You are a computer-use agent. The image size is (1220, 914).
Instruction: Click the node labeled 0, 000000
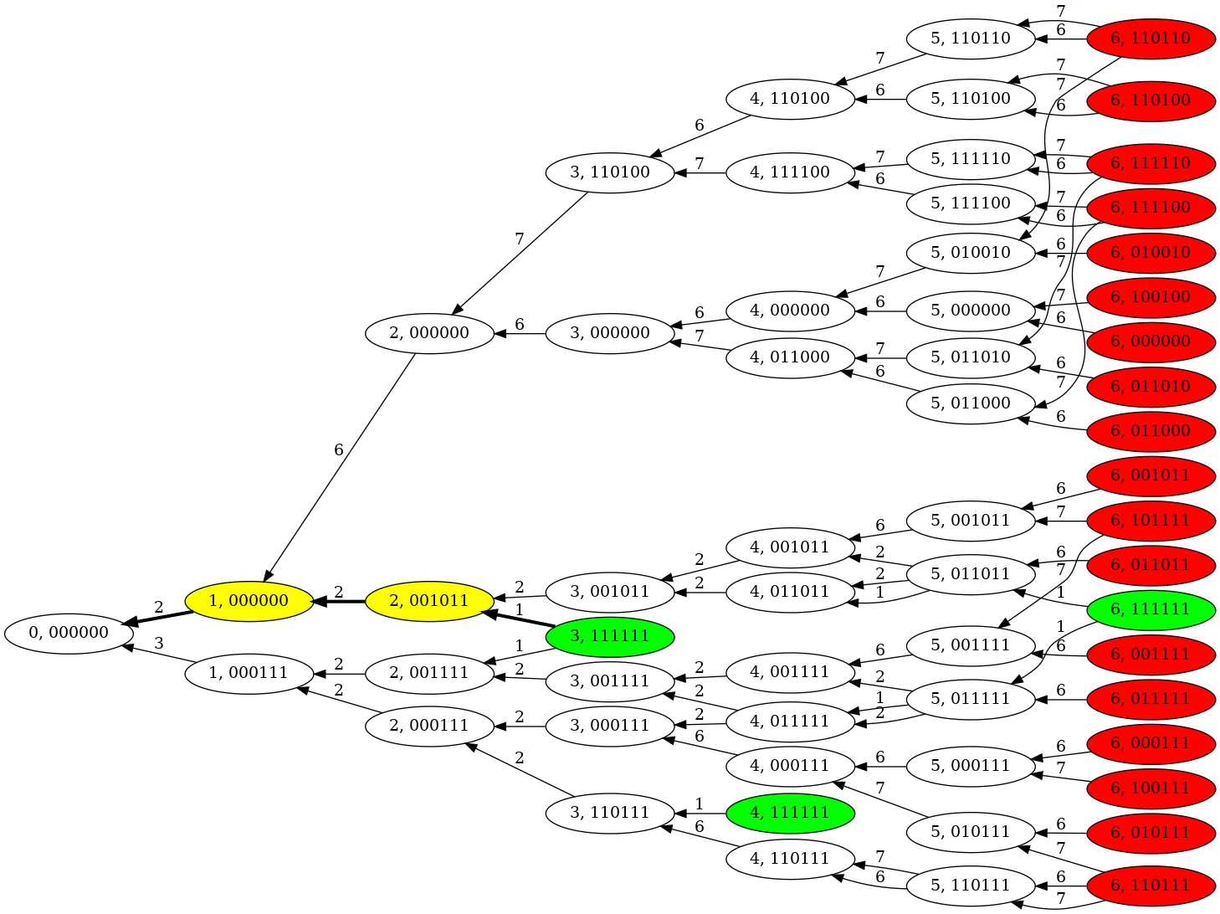[69, 633]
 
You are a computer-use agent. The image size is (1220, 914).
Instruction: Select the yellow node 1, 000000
[249, 601]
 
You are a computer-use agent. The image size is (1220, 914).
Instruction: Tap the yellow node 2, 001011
[429, 601]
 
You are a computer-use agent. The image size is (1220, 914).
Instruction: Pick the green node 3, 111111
[609, 636]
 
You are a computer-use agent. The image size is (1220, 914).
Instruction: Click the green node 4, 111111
[790, 813]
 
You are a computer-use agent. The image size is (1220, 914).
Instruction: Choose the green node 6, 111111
[1150, 609]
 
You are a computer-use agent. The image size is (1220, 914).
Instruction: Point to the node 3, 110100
[609, 173]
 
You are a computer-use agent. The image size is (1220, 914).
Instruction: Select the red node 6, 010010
[1150, 253]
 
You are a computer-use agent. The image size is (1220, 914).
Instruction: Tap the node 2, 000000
[429, 333]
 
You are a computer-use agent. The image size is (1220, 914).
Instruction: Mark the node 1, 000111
[249, 673]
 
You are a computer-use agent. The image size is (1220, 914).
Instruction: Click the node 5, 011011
[971, 574]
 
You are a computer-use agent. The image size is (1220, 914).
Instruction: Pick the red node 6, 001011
[1150, 475]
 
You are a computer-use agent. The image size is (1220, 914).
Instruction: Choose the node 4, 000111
[790, 766]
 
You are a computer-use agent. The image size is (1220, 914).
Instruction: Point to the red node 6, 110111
[1150, 886]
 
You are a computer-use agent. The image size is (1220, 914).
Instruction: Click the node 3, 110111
[609, 813]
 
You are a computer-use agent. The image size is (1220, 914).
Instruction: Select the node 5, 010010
[971, 253]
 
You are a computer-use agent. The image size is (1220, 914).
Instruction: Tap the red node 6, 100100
[1150, 297]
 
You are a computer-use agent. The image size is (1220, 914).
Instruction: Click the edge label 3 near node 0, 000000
[159, 644]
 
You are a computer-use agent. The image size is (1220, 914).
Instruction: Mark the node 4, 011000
[790, 357]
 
